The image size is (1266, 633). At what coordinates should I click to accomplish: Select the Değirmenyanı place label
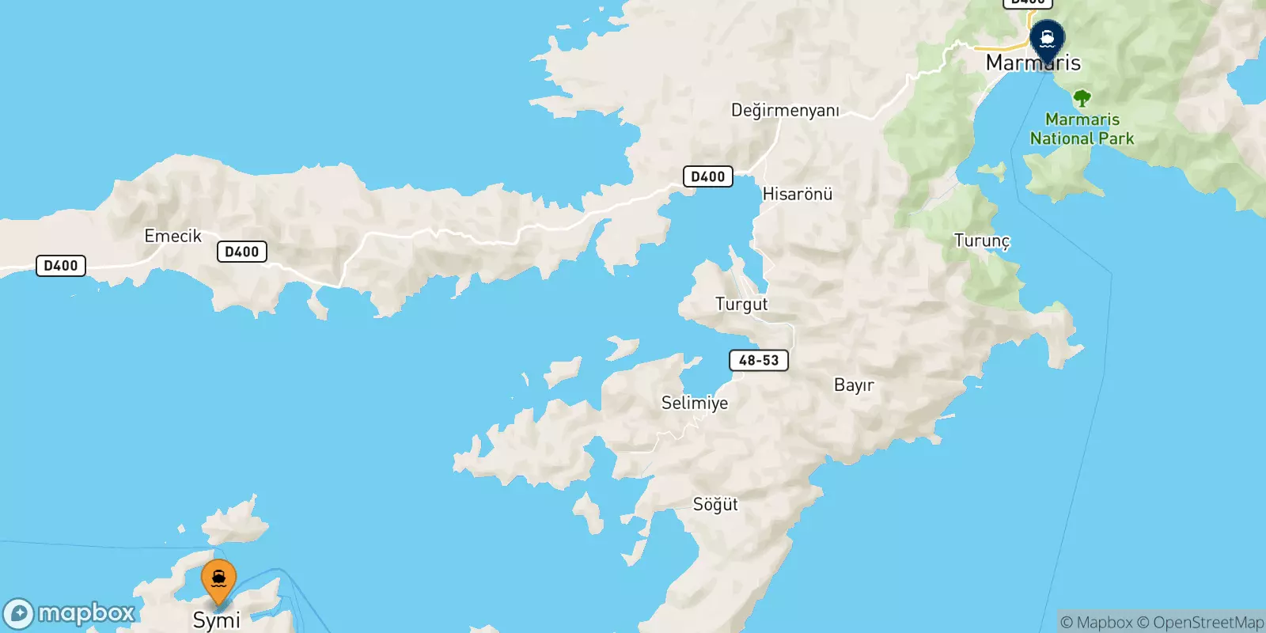(784, 110)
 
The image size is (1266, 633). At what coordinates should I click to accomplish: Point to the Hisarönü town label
(797, 194)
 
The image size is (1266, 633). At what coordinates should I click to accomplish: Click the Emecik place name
(172, 236)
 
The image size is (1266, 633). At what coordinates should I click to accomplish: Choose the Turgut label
(741, 304)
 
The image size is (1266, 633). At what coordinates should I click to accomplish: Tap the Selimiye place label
(694, 403)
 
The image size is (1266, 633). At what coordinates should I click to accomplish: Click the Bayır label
(854, 385)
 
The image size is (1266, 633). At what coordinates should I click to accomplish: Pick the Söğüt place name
(714, 504)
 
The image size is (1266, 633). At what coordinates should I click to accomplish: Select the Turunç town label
(981, 241)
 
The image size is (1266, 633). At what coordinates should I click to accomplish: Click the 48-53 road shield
(758, 360)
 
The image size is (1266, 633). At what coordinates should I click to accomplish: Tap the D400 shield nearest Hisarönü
(707, 176)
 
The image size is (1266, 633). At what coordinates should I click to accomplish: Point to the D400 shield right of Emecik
(241, 252)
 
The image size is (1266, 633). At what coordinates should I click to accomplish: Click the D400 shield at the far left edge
(61, 266)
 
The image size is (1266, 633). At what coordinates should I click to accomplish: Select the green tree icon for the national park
(1082, 99)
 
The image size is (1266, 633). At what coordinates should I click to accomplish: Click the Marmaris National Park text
(1082, 129)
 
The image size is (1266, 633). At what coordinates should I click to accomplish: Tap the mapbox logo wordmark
(85, 613)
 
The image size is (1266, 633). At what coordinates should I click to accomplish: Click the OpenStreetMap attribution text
(1207, 623)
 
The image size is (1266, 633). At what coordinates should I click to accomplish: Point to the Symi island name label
(216, 620)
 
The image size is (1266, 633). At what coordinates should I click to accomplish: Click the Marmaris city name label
(1033, 63)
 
